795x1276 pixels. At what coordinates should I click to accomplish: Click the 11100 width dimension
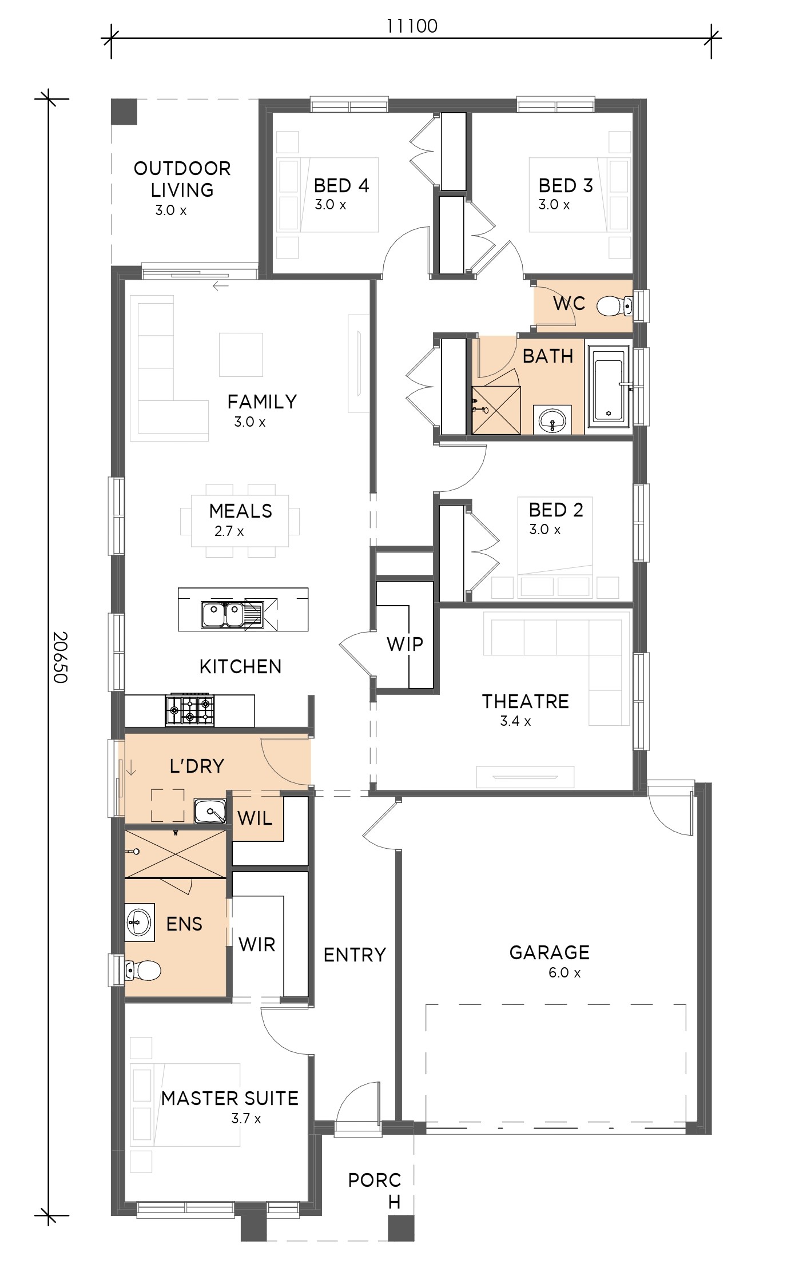point(412,26)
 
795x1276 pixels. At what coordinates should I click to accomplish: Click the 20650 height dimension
point(59,657)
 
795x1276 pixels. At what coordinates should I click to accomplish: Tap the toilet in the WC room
point(614,306)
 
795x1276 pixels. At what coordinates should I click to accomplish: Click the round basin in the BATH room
point(552,420)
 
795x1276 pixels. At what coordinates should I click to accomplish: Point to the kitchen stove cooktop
point(190,710)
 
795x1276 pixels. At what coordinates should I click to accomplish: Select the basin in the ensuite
point(139,922)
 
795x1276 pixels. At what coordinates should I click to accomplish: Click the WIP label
point(405,644)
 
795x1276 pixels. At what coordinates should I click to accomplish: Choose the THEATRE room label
point(525,701)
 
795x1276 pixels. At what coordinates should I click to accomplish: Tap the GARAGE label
point(549,952)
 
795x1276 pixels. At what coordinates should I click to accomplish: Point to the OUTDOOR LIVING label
point(182,179)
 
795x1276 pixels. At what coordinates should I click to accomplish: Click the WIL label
point(255,818)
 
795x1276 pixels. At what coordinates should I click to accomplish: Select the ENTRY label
point(355,955)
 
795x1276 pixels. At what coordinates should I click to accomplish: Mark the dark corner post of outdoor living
point(124,112)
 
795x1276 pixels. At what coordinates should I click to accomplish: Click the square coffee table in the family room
point(241,355)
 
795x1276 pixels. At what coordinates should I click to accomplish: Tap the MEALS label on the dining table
point(240,511)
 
